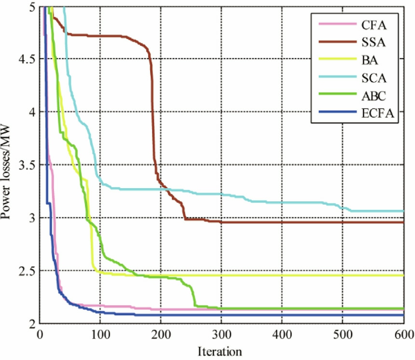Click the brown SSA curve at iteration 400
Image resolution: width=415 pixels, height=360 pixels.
pyautogui.click(x=282, y=222)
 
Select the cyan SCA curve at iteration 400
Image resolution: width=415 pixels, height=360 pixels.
pyautogui.click(x=282, y=202)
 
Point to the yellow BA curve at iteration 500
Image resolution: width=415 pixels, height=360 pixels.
pyautogui.click(x=342, y=275)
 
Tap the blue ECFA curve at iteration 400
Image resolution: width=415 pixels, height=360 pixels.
pyautogui.click(x=282, y=315)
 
